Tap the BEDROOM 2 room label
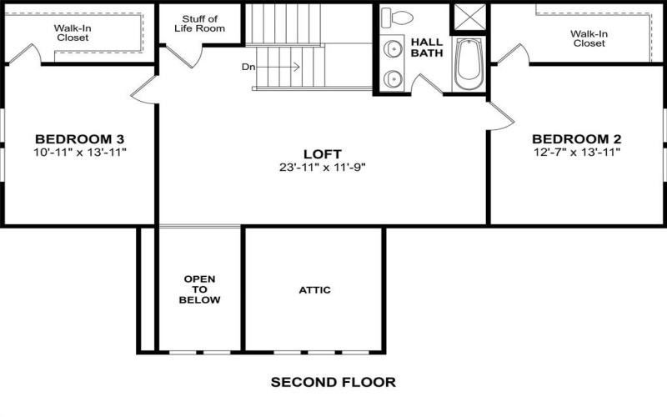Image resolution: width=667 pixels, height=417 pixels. [x=576, y=138]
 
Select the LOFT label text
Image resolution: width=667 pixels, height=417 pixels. [x=323, y=153]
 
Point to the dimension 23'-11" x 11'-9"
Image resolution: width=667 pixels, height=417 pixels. [x=323, y=166]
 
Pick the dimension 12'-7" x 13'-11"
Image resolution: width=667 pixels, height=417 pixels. [x=576, y=152]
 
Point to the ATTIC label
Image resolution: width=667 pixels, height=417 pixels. [x=314, y=290]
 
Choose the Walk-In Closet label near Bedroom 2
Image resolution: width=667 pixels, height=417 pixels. [x=589, y=38]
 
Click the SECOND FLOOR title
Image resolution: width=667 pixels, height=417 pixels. [x=333, y=383]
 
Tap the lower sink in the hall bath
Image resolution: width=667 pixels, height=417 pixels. [x=392, y=78]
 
